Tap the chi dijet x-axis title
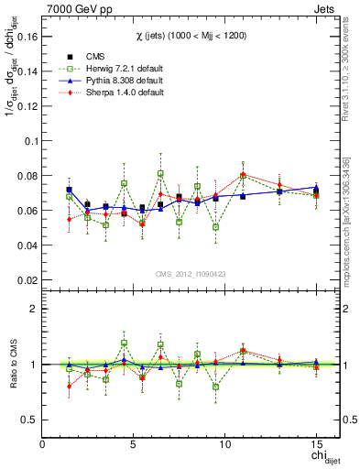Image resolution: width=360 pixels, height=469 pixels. [x=315, y=456]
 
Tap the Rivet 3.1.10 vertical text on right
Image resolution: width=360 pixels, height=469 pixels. [x=349, y=137]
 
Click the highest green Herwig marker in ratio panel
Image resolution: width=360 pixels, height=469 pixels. [x=124, y=344]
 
